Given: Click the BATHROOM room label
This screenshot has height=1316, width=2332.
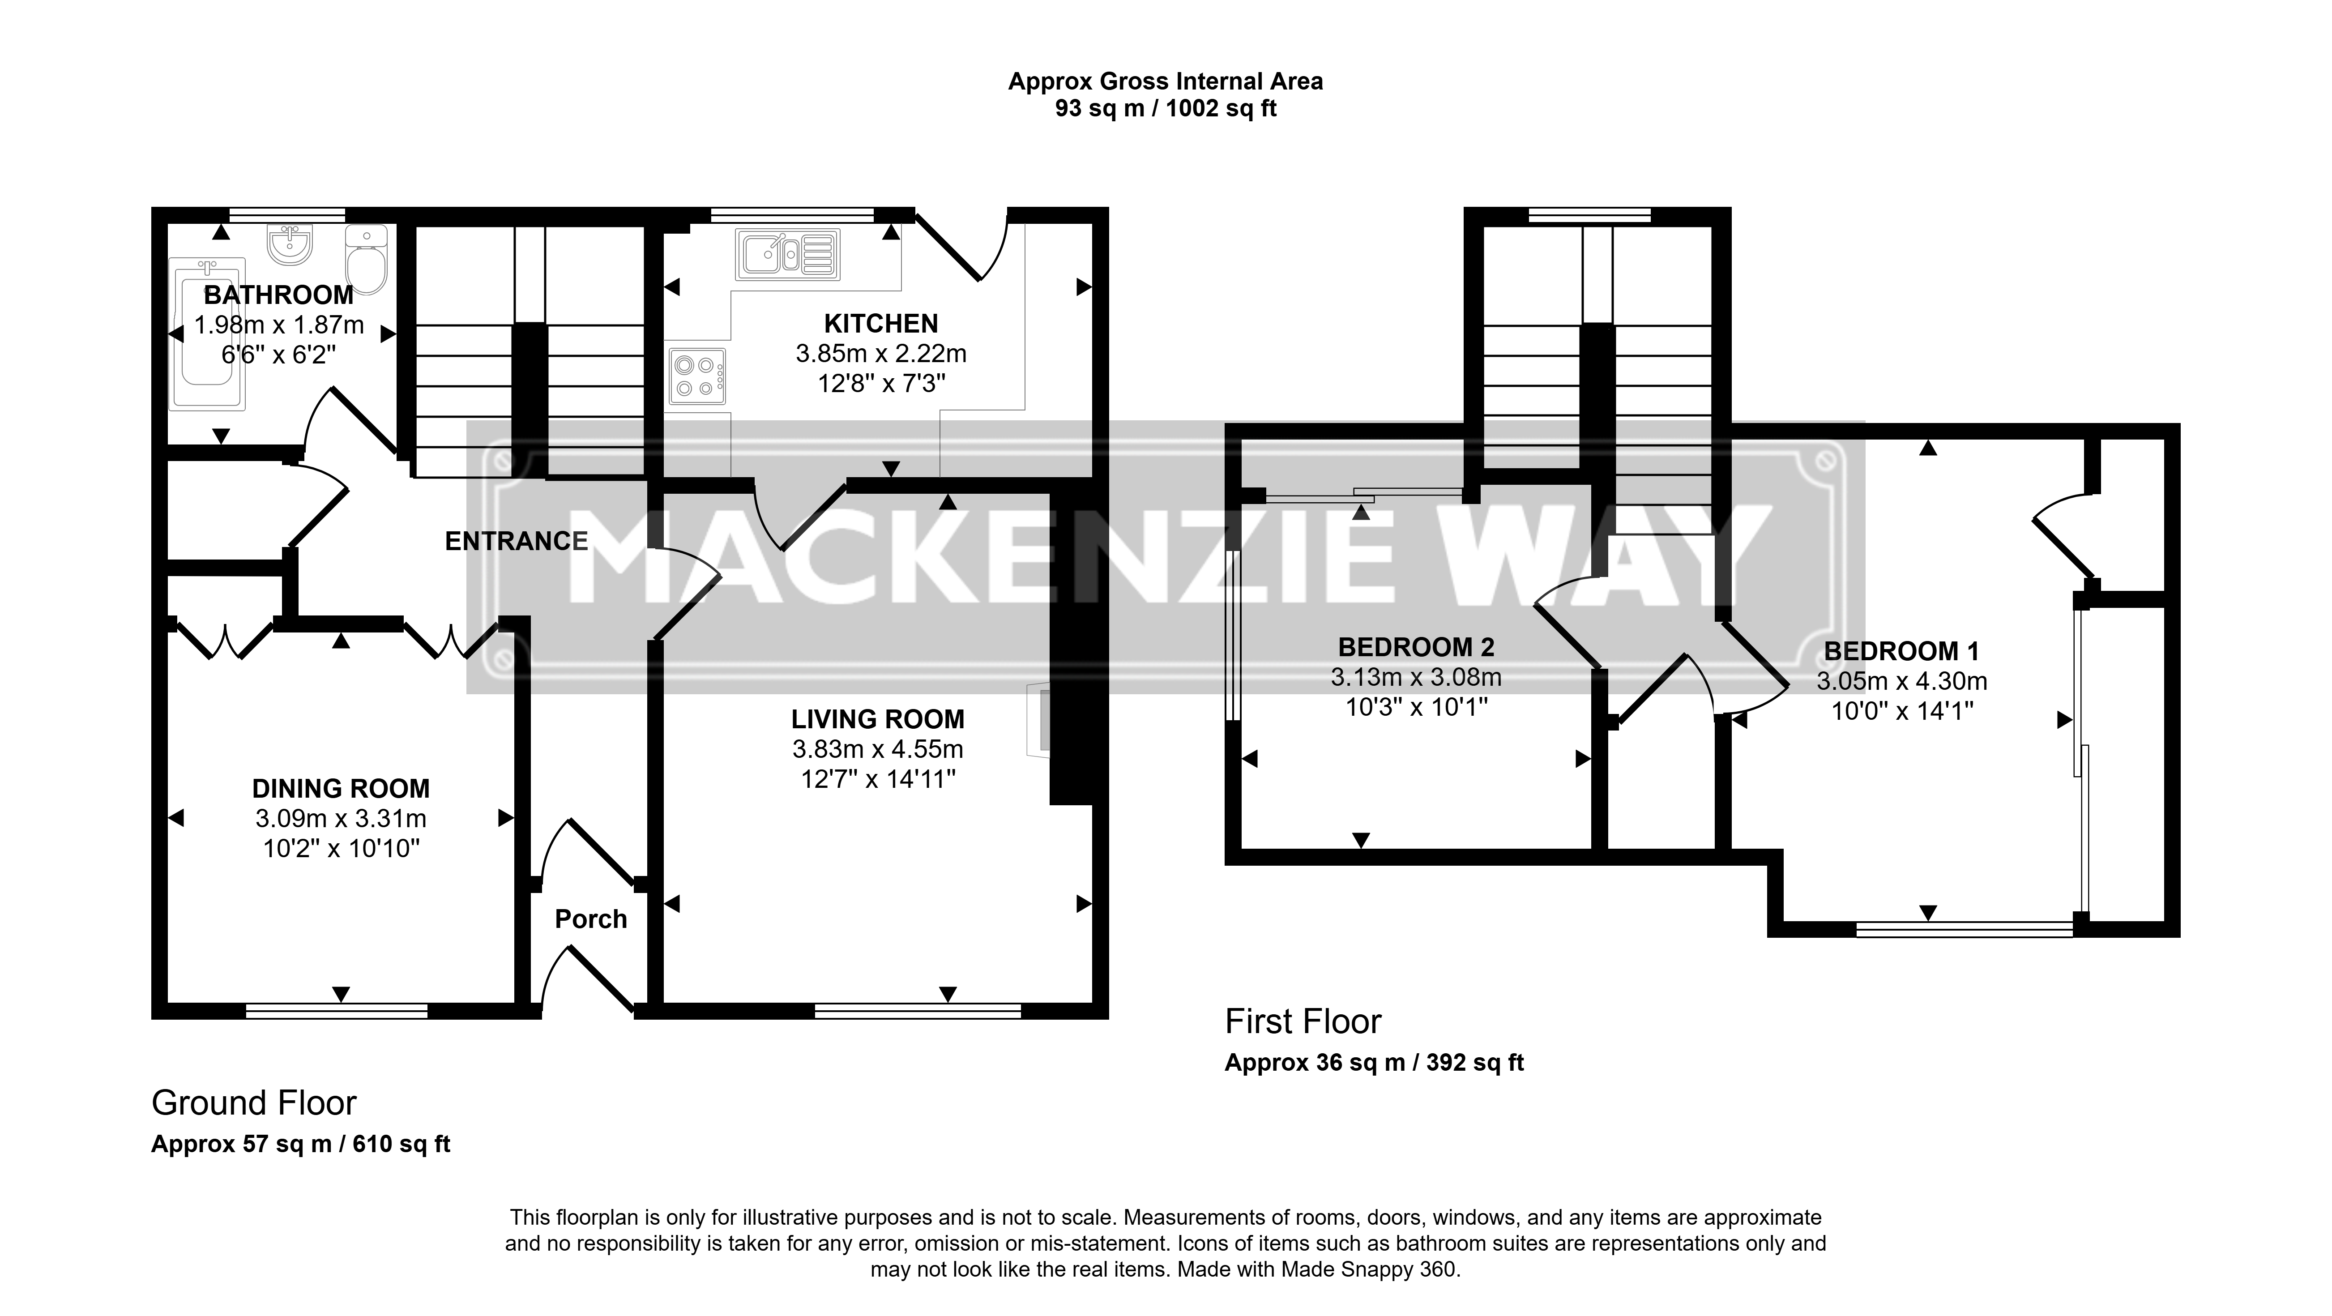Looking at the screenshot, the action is [x=279, y=295].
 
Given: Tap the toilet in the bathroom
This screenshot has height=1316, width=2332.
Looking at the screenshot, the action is [x=367, y=261].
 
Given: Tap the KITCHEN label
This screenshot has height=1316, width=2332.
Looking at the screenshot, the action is [x=881, y=323].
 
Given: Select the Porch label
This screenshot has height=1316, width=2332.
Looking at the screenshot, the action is [x=591, y=919].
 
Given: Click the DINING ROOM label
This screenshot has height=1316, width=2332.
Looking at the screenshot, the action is [x=341, y=788].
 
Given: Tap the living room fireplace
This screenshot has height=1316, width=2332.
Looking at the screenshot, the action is [x=1038, y=719].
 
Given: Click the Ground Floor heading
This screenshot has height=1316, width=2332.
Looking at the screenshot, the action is [x=254, y=1103].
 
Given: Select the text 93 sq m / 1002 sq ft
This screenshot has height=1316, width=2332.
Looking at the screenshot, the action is [x=1166, y=109].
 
